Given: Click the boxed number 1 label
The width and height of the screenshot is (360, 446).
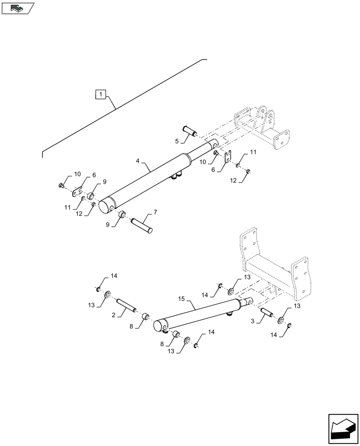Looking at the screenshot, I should (102, 95).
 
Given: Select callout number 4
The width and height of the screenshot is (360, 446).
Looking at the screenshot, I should (138, 160).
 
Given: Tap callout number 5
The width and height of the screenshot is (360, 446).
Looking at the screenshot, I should (177, 141).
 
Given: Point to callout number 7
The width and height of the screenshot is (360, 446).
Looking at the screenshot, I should (155, 211).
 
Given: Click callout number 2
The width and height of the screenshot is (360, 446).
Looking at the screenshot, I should (114, 315).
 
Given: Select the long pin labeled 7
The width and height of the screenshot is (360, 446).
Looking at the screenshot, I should (142, 224).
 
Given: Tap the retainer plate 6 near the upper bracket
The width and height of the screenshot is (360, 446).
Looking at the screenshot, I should (228, 157).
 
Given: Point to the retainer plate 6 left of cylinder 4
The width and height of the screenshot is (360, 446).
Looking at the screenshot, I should (78, 192).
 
